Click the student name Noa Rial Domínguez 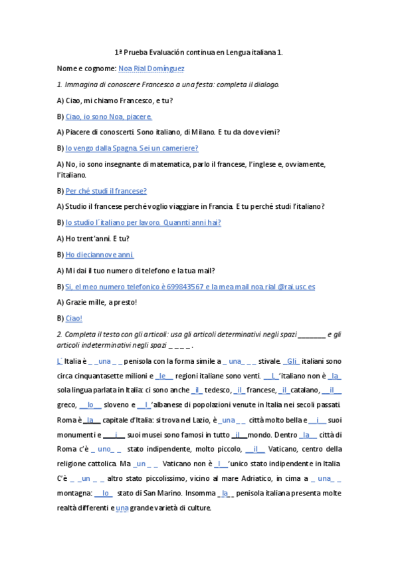(x=151, y=68)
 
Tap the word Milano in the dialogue (x=217, y=132)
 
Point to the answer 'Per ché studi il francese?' (x=106, y=190)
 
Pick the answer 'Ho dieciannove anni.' (x=100, y=255)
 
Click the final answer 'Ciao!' (x=74, y=319)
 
